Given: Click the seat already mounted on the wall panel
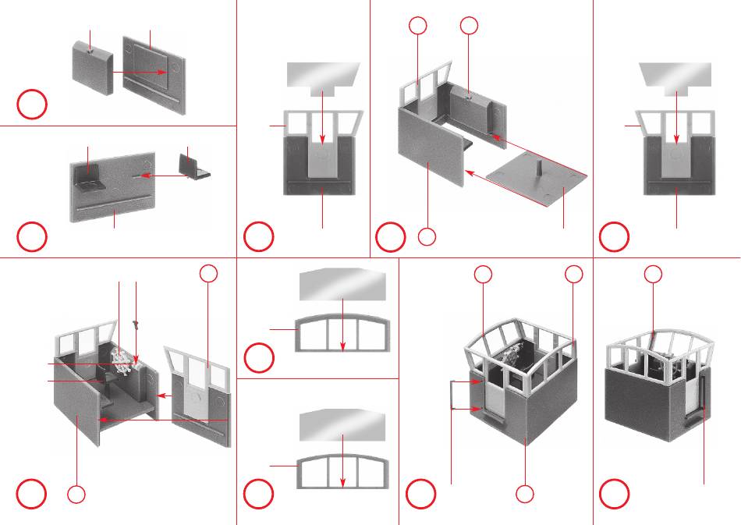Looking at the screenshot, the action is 90,182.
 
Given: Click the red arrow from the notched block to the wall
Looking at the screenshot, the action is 140,72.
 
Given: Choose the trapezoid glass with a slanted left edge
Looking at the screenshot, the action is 675,75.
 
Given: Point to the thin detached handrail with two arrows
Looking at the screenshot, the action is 452,395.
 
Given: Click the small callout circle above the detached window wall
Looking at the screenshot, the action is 207,272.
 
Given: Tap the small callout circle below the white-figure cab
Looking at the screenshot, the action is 76,494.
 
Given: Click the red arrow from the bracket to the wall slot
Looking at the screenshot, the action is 160,177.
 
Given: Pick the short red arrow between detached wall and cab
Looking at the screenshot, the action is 163,396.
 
